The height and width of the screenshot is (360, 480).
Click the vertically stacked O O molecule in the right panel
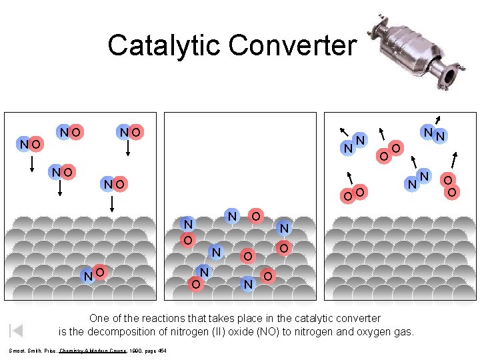pos(451,186)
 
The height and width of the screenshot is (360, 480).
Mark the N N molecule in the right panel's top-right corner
pos(435,135)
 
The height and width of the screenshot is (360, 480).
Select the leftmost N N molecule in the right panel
pos(353,144)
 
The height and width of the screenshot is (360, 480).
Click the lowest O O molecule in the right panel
pos(353,194)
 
